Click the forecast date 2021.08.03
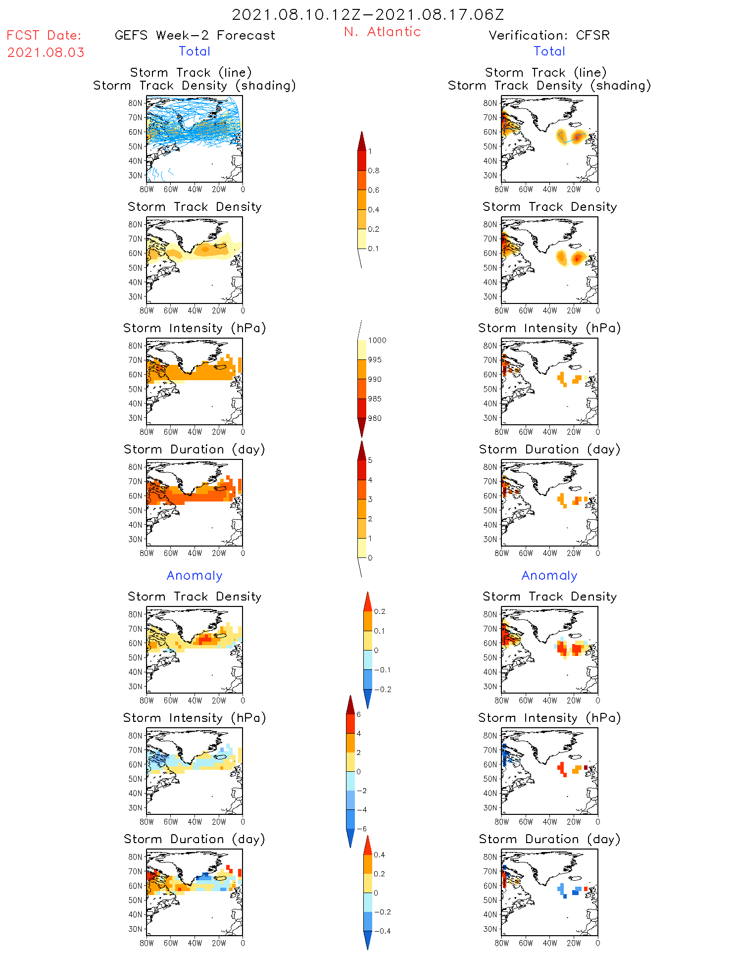click(46, 52)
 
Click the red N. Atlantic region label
click(382, 32)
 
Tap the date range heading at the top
click(368, 14)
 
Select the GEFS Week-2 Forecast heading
click(195, 35)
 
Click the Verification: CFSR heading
click(549, 35)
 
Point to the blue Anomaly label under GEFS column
click(195, 575)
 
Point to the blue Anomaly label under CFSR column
click(549, 575)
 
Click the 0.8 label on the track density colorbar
click(374, 171)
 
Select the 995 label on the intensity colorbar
click(375, 360)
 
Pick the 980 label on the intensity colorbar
click(375, 418)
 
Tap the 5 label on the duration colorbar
click(370, 460)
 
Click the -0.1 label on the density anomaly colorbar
click(382, 670)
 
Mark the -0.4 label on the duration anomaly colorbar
click(382, 931)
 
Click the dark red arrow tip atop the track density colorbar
click(362, 141)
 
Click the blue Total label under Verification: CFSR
click(549, 51)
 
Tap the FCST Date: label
click(44, 35)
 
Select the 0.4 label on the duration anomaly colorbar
click(380, 854)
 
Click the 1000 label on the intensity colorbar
click(377, 341)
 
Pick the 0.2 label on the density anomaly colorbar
click(380, 611)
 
